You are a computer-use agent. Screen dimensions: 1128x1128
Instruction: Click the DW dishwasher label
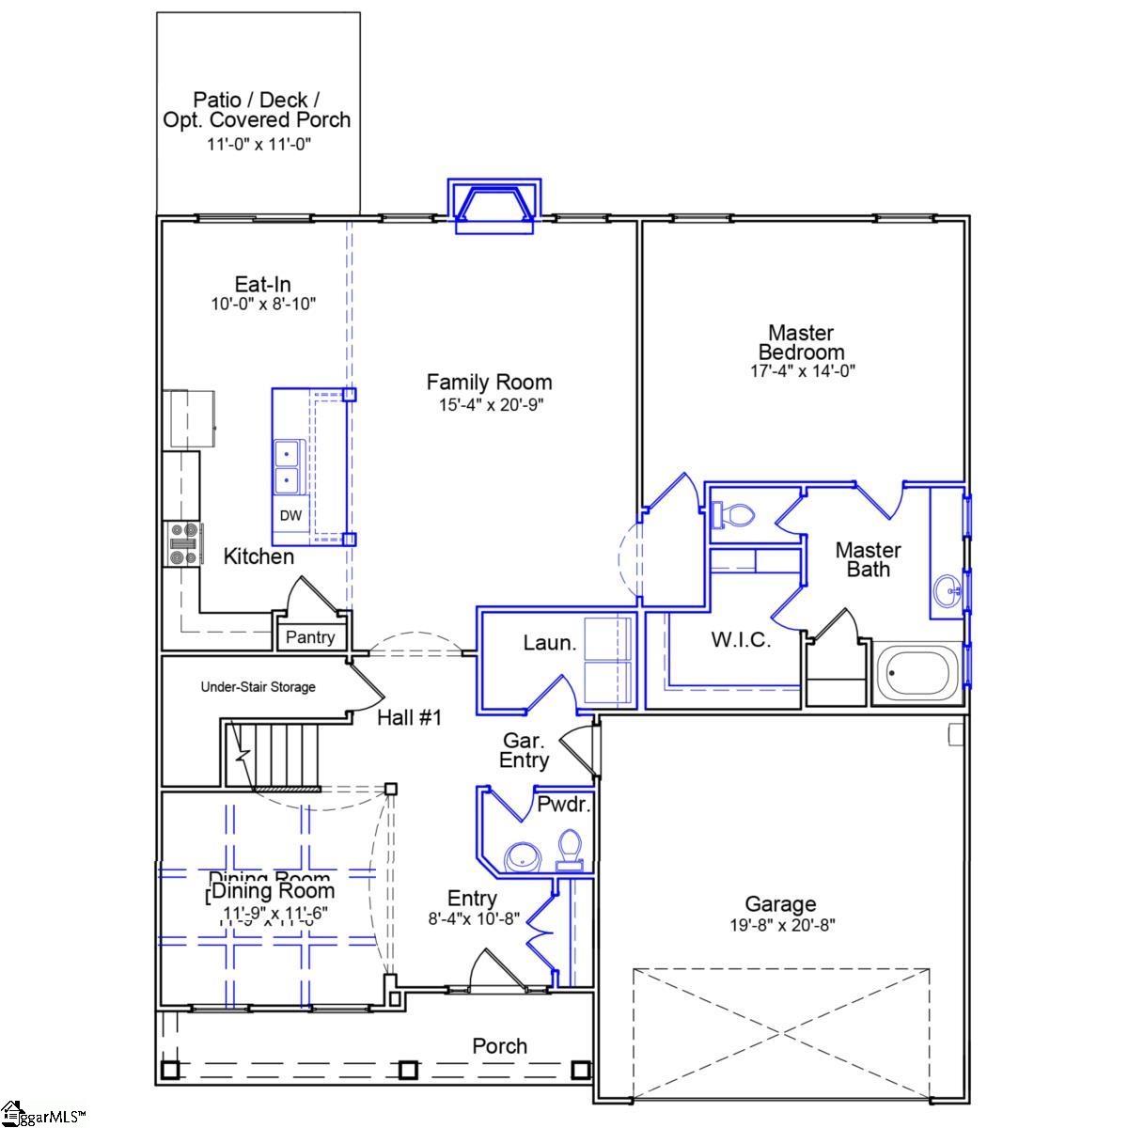tap(290, 515)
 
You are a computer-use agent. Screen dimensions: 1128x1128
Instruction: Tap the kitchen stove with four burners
tap(183, 544)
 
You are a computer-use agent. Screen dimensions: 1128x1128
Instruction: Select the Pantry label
tap(310, 637)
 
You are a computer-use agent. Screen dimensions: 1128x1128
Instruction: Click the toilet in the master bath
tap(733, 514)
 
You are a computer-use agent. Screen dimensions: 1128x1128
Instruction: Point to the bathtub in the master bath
tap(918, 673)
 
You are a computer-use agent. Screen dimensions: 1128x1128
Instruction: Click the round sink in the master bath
tap(948, 593)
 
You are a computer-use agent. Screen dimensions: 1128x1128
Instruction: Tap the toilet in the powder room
tap(569, 848)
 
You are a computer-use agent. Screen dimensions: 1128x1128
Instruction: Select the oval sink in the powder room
tap(521, 857)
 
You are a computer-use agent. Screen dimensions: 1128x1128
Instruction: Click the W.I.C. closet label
tap(741, 641)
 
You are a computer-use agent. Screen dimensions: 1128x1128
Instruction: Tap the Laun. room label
tap(549, 643)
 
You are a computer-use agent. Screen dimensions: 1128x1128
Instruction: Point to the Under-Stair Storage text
tap(258, 687)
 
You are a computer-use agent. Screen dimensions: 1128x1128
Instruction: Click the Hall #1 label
tap(409, 718)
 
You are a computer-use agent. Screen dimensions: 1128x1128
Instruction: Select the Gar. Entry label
tap(524, 750)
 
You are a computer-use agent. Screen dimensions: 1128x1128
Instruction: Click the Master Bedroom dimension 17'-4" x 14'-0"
tap(801, 370)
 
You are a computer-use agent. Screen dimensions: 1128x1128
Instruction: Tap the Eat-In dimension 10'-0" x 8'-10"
tap(262, 305)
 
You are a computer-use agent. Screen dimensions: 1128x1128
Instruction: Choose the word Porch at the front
tap(499, 1046)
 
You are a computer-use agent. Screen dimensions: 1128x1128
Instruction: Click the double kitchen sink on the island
tap(287, 468)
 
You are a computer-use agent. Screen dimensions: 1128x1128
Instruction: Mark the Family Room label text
tap(489, 383)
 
